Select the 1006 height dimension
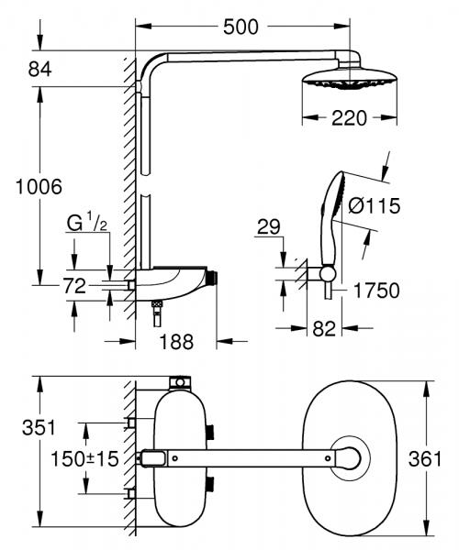[x=31, y=186]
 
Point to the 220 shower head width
[x=350, y=116]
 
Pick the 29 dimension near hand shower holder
[x=268, y=226]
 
